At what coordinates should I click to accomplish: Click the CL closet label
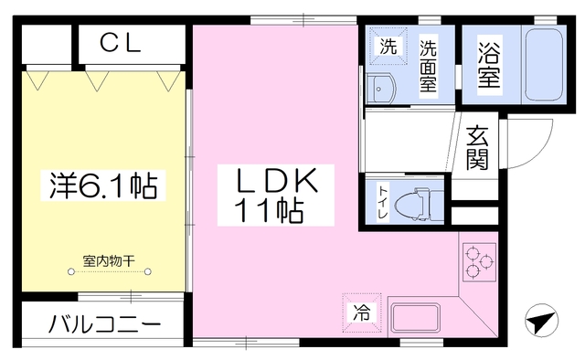120,43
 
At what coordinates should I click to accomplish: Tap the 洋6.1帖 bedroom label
101,186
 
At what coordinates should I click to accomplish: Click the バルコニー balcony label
105,324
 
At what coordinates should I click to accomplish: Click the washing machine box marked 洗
388,48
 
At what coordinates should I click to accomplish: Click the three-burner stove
477,260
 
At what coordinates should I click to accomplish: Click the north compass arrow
542,323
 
